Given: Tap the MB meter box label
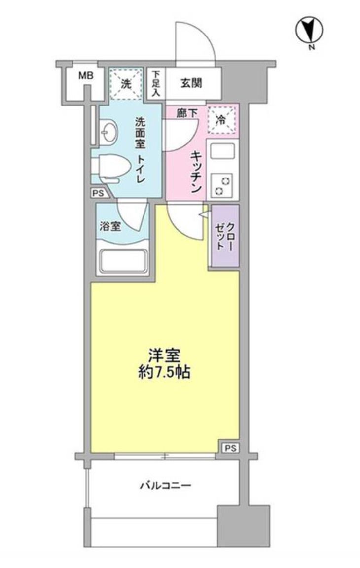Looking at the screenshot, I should click(x=86, y=76).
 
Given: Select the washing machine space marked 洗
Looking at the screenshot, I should click(x=126, y=84).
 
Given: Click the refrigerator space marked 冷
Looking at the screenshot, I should click(x=221, y=119).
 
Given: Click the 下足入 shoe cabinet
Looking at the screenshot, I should click(x=156, y=83).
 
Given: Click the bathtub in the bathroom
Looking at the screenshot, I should click(x=123, y=260).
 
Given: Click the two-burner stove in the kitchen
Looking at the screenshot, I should click(x=222, y=185).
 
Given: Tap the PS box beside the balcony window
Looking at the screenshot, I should click(x=230, y=448).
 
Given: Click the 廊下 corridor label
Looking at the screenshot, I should click(x=187, y=112).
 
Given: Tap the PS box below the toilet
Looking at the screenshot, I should click(x=98, y=194).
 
